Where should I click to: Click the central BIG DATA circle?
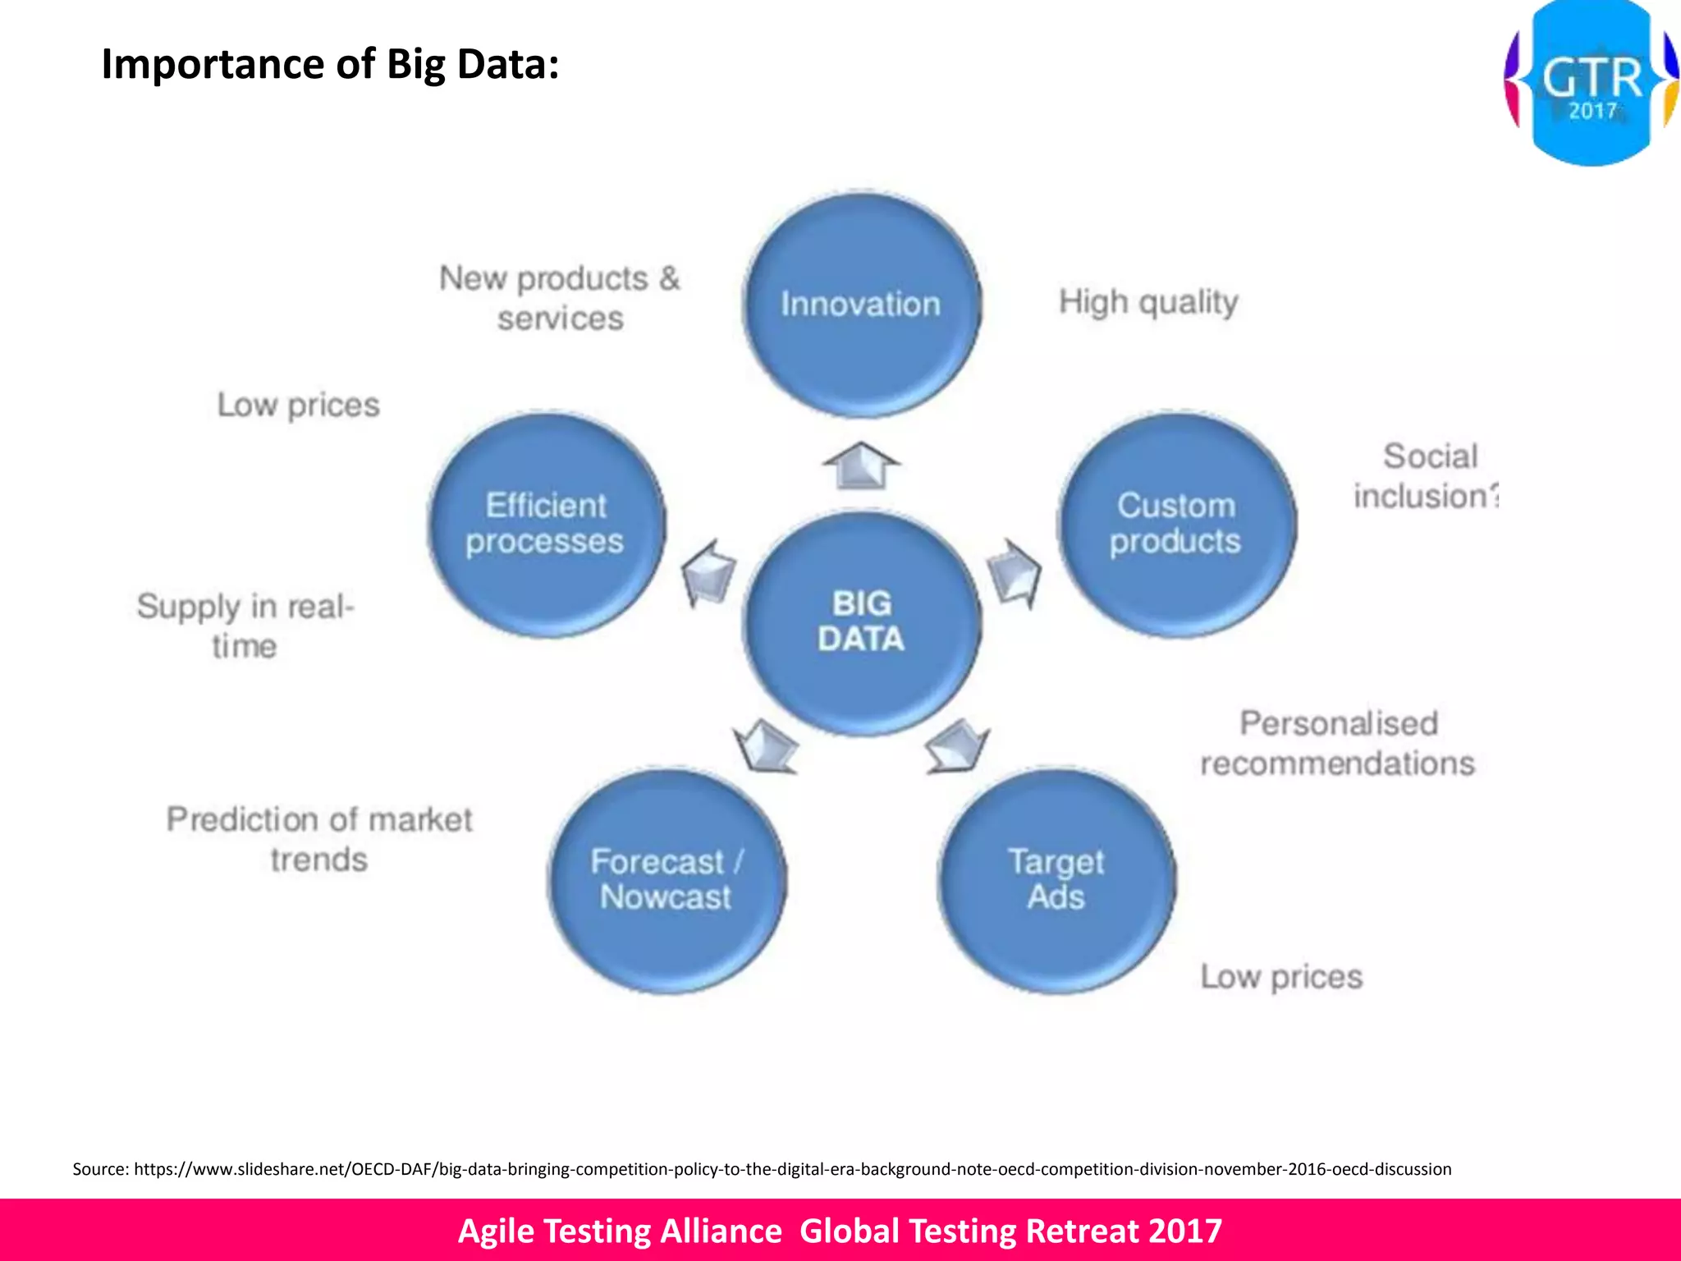click(x=861, y=621)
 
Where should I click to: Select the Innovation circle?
click(x=861, y=305)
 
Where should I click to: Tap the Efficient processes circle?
click(x=546, y=524)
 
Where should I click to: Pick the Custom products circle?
click(x=1176, y=524)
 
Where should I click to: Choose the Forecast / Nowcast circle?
click(x=666, y=880)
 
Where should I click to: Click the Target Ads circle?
click(x=1056, y=880)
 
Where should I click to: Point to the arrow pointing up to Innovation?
click(x=861, y=465)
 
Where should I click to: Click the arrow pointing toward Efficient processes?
click(x=709, y=571)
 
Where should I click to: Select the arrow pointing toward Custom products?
click(x=1015, y=571)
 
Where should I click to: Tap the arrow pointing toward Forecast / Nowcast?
click(x=766, y=745)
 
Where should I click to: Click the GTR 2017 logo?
click(x=1591, y=84)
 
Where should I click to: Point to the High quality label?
click(x=1148, y=302)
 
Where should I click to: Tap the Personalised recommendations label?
click(x=1337, y=743)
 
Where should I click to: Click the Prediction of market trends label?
click(x=319, y=839)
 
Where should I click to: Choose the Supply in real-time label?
click(x=245, y=626)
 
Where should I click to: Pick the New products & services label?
click(x=560, y=298)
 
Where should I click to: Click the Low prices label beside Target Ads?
click(x=1281, y=977)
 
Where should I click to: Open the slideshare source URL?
click(x=792, y=1169)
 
